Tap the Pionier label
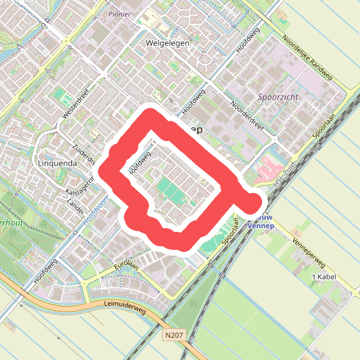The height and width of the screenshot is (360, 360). (119, 14)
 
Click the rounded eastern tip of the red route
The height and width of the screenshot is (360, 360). (256, 202)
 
